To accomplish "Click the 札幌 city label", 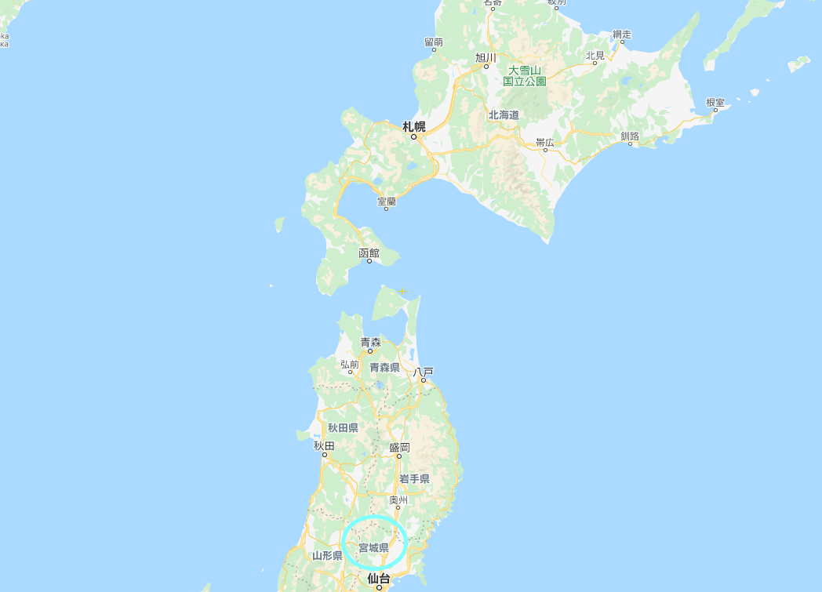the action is [414, 126].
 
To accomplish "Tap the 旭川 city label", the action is [486, 57].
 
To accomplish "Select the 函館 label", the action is [369, 252].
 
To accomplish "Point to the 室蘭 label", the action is [387, 202].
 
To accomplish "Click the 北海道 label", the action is [504, 114].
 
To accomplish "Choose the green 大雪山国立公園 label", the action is [525, 75].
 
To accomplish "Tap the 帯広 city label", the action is [545, 142].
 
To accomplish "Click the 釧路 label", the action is [630, 136].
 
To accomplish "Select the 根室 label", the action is [715, 103].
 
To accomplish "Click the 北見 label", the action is [595, 55].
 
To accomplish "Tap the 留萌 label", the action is [434, 42].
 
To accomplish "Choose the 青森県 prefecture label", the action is [385, 367].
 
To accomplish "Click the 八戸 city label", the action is [424, 371].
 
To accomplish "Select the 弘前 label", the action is [350, 365].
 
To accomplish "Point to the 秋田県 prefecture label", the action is [343, 427].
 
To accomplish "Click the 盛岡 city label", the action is [399, 447].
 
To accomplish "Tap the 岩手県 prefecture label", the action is [414, 478].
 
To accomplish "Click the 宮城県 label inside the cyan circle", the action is [373, 547].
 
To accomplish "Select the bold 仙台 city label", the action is [379, 579].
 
